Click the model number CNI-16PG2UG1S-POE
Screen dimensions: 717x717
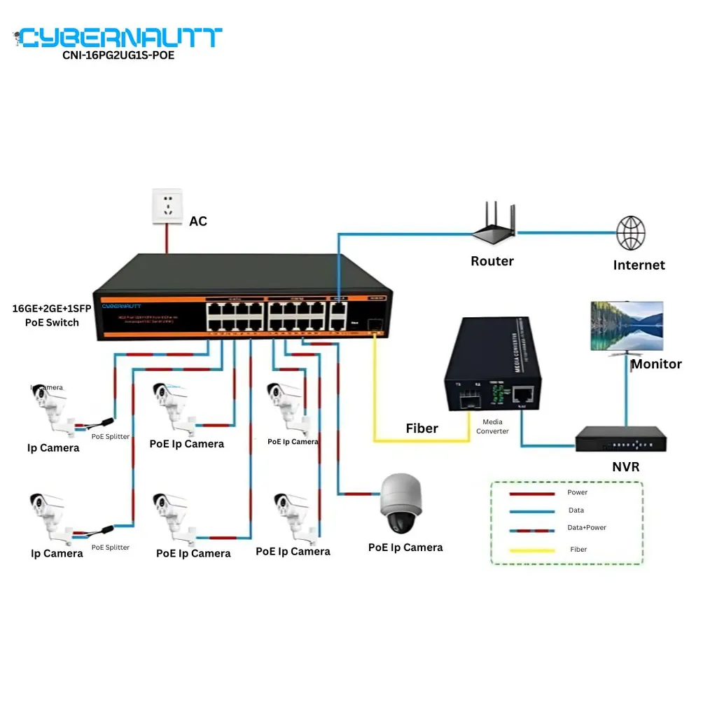pos(118,55)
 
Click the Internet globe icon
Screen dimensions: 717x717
pos(630,233)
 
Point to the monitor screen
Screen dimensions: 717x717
pos(626,326)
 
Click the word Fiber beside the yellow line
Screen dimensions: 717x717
pos(422,429)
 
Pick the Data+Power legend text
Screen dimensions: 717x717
pos(586,527)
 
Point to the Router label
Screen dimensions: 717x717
pos(492,261)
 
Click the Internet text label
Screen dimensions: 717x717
pos(639,265)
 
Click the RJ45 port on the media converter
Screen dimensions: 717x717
pos(524,395)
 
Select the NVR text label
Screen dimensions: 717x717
pos(625,467)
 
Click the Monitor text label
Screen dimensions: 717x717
pos(656,364)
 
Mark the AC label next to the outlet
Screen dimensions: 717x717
pos(198,221)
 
